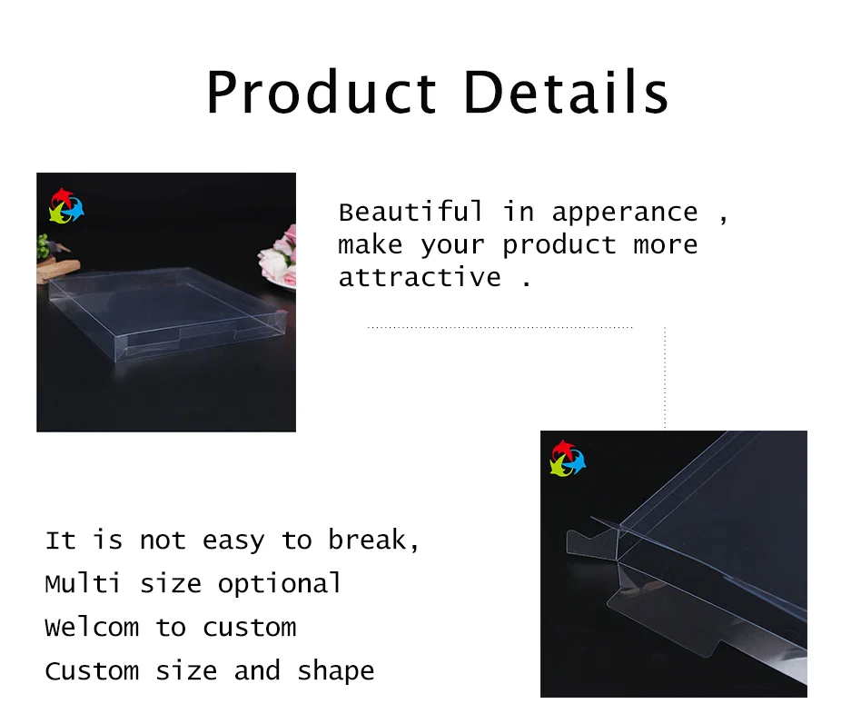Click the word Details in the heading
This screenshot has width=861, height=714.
pos(566,91)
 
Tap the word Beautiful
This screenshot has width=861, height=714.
pos(411,213)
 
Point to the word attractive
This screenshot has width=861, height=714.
pos(420,278)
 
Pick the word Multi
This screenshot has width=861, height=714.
pos(83,583)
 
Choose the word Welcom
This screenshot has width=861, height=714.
pos(92,628)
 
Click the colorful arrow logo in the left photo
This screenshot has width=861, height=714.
pos(66,207)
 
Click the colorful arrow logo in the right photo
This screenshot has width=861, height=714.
pos(569,459)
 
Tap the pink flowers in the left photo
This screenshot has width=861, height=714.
pos(278,256)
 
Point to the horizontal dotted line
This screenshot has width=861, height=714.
pos(500,327)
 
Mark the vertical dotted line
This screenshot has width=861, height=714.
pos(665,377)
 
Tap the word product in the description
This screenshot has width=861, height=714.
pos(559,246)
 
